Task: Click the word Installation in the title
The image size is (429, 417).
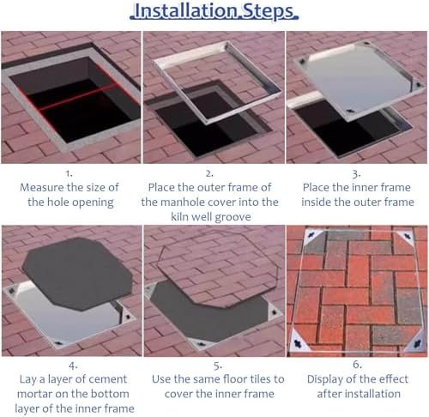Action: pos(185,11)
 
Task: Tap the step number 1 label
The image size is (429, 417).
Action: pos(69,173)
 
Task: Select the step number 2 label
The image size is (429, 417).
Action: pos(209,173)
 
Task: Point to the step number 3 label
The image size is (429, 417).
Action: pos(356,174)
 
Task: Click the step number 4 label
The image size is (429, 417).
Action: pos(73,366)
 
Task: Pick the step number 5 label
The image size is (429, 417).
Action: pos(218,366)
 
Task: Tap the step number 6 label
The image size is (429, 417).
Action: pos(357,365)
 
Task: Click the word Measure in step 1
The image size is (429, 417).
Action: pos(42,188)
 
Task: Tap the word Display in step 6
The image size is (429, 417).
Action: pos(325,380)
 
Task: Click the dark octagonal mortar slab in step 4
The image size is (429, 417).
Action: pos(77,273)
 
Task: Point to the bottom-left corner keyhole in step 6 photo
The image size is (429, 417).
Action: pos(298,344)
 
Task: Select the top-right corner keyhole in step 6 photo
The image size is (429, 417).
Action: pos(407,237)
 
